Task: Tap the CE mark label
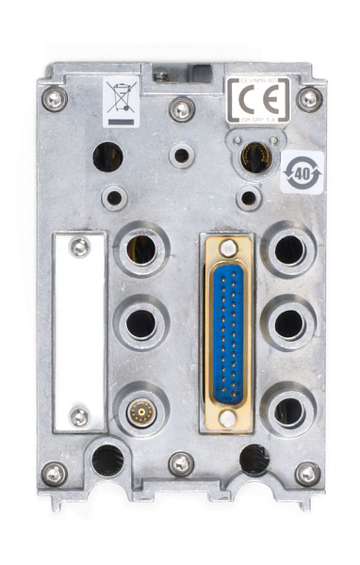click(x=257, y=101)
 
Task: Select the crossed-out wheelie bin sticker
click(x=122, y=102)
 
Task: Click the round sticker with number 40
click(x=302, y=172)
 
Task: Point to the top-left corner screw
click(x=54, y=97)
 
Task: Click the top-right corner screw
click(x=309, y=98)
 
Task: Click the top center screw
click(x=182, y=109)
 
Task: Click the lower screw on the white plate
click(x=80, y=415)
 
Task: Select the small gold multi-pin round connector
click(x=141, y=412)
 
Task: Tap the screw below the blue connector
click(x=228, y=417)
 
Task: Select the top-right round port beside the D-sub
click(x=288, y=250)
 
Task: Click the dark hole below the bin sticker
click(x=106, y=155)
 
